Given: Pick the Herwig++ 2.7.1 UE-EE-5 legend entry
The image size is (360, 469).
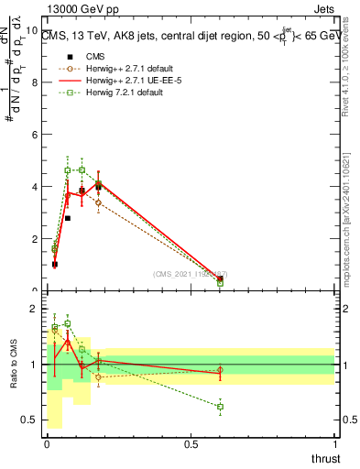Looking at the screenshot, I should [x=127, y=81].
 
